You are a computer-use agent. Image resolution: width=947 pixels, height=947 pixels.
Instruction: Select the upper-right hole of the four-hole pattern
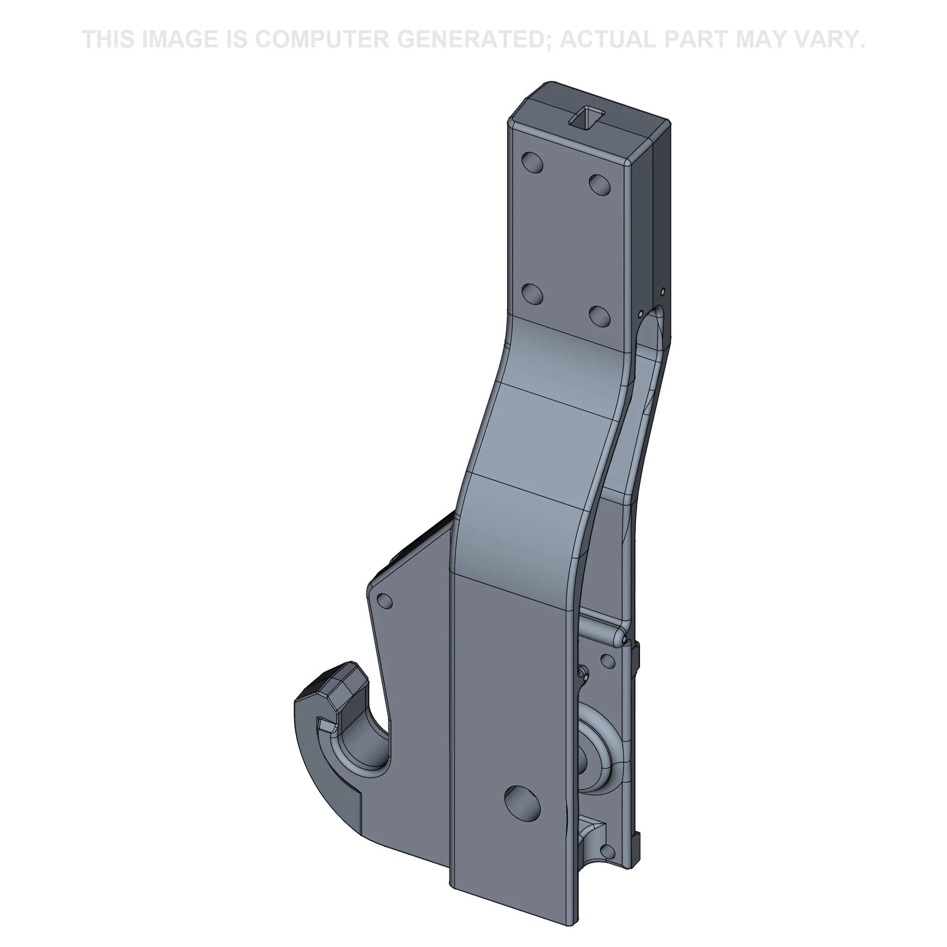[599, 185]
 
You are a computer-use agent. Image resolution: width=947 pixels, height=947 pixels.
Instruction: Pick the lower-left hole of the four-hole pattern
[532, 294]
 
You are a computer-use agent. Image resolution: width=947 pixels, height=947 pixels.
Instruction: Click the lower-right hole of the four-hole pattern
[600, 316]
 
